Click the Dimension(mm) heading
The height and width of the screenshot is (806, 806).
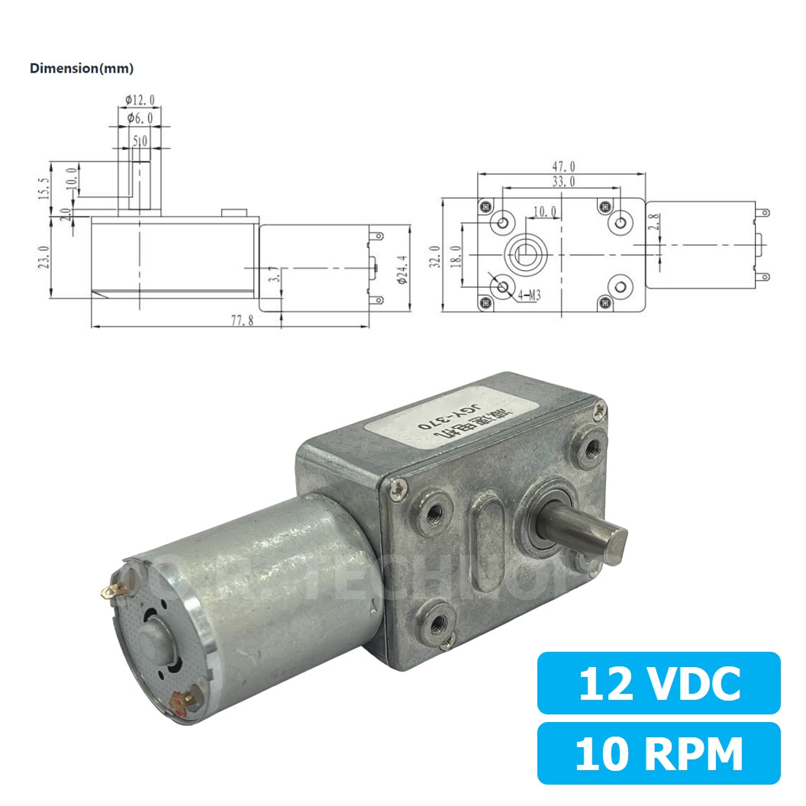click(x=82, y=69)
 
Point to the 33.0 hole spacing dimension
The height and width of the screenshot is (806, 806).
click(x=563, y=181)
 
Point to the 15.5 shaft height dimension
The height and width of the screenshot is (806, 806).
click(x=44, y=188)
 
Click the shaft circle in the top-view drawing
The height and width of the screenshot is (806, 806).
click(x=525, y=253)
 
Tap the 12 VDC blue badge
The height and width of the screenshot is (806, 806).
click(x=659, y=684)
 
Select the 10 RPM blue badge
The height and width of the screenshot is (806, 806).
click(x=659, y=754)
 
